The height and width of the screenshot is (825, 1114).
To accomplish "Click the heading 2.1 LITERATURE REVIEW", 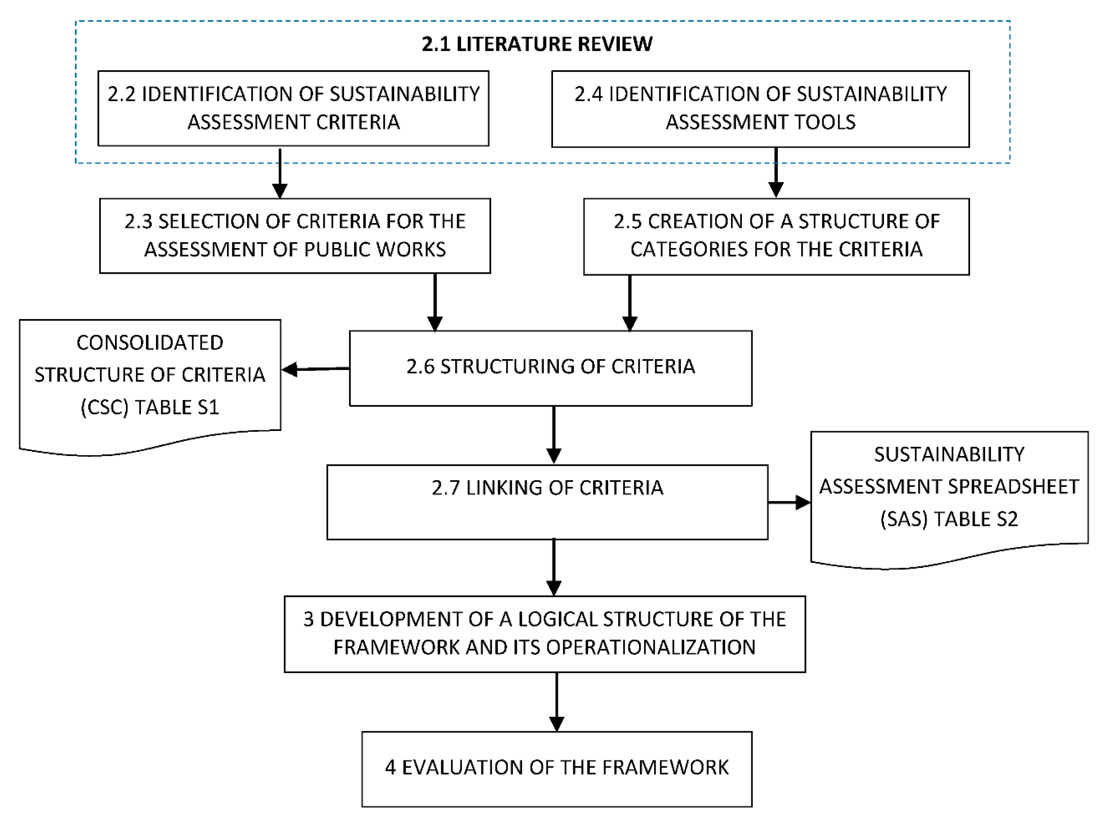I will (x=537, y=44).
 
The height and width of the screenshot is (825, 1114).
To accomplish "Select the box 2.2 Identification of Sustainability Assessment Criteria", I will (x=293, y=108).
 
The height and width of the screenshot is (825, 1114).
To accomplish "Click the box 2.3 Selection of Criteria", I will (x=295, y=236).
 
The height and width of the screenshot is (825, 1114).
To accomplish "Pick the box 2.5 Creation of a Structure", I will (x=776, y=236).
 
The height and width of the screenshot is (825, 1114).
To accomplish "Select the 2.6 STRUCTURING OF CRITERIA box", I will (x=551, y=368).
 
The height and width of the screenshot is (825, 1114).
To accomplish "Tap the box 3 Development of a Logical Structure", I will (x=544, y=634).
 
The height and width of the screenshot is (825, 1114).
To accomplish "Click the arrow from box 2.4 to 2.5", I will (x=776, y=172).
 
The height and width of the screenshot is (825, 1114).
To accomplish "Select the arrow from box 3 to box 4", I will (x=556, y=701).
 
